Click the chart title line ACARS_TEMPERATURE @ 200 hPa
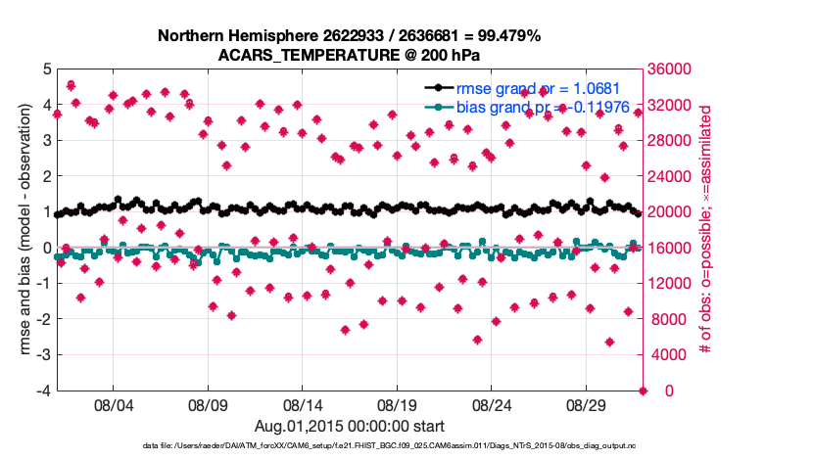(349, 54)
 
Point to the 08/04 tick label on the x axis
(113, 403)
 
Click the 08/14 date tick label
(303, 403)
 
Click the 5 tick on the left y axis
(46, 69)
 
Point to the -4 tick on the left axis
(44, 391)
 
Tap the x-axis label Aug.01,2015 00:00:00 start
(349, 426)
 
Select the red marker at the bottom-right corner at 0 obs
(644, 391)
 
